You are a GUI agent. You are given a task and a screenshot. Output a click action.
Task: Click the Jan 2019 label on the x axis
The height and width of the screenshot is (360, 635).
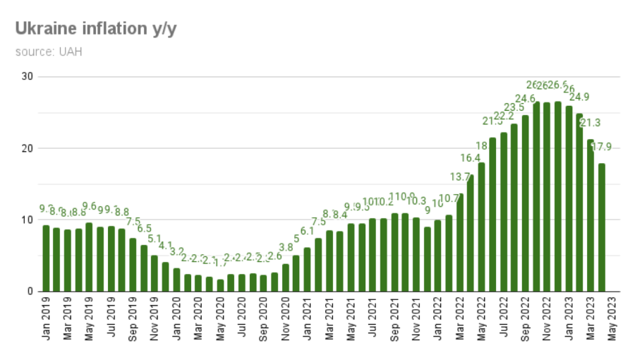46,318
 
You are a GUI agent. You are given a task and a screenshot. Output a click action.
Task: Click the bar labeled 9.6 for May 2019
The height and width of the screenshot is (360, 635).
89,257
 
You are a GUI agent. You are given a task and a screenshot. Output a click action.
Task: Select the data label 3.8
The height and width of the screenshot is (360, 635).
286,247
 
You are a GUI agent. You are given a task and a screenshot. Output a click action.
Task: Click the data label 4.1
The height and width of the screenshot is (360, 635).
165,245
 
